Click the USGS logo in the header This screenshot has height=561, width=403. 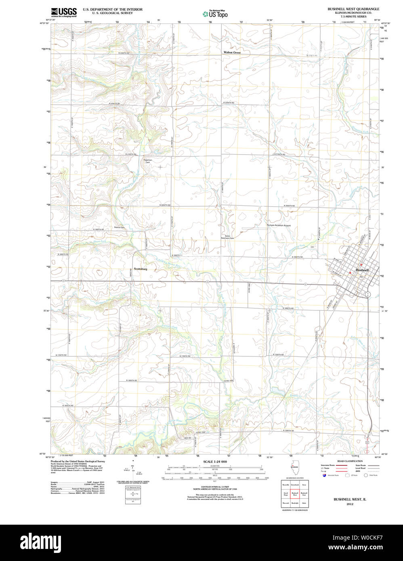coord(63,12)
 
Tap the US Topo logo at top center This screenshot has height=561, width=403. coord(215,14)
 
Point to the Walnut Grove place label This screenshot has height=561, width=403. coord(232,52)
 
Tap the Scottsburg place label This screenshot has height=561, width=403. coord(141,269)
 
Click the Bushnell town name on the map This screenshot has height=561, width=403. coord(362,270)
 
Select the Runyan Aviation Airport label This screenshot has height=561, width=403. coord(279,226)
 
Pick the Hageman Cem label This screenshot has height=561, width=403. coord(148,161)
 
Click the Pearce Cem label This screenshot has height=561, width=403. coord(120,228)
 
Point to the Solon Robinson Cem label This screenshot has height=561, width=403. coord(227,237)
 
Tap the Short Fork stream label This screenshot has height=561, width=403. coord(100,241)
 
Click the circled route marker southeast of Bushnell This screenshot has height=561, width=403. coord(367,294)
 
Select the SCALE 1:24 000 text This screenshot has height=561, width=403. coord(215,461)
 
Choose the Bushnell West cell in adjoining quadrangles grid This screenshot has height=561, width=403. coord(295,493)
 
